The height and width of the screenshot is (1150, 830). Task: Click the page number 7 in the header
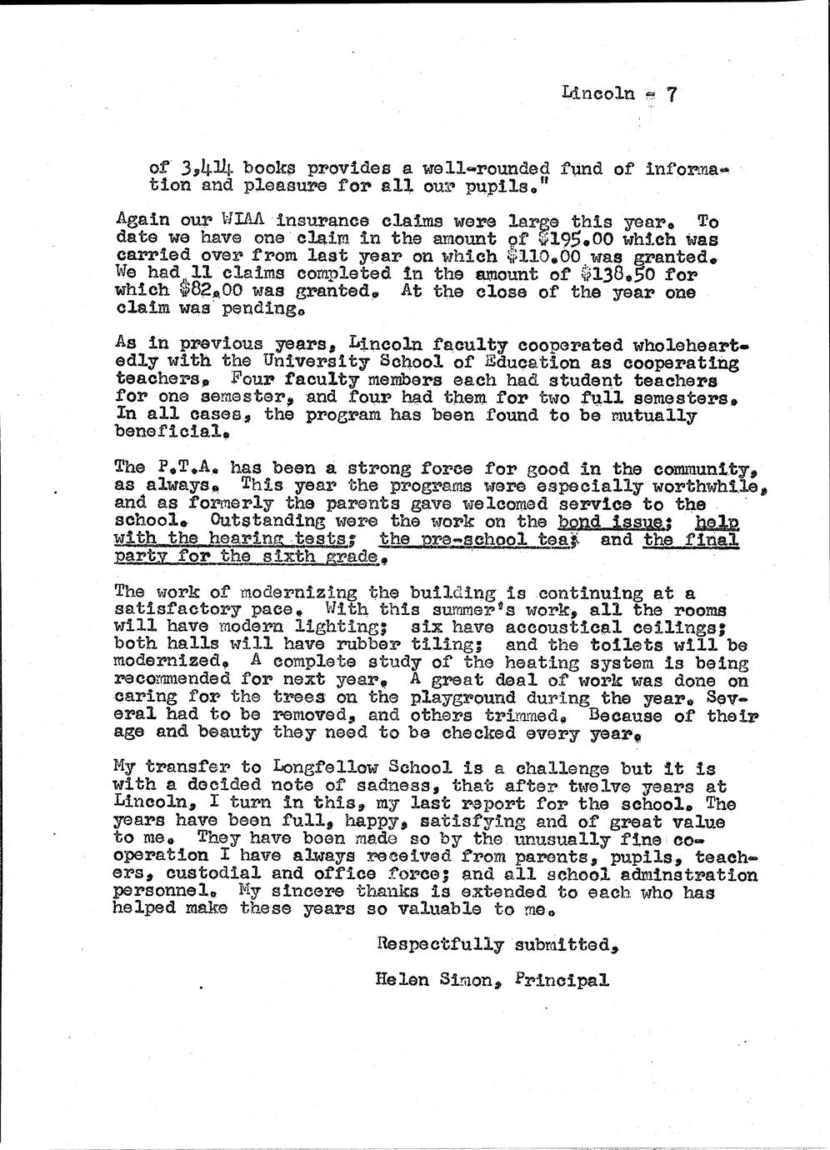(671, 94)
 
